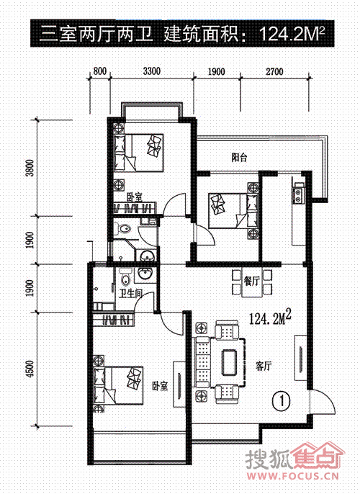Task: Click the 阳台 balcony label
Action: click(x=239, y=157)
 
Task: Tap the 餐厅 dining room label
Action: click(x=252, y=281)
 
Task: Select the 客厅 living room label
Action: click(x=264, y=366)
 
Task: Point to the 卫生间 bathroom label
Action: click(x=130, y=294)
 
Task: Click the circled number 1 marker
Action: click(x=282, y=400)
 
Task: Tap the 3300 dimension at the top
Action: click(x=152, y=71)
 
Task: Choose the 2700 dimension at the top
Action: click(x=274, y=71)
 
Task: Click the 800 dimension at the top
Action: click(x=100, y=71)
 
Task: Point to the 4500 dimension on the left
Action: click(x=30, y=369)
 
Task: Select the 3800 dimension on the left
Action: click(x=30, y=169)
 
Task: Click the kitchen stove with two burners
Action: click(x=297, y=195)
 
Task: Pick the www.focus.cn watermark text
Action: click(x=294, y=476)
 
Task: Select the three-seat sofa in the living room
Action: click(x=203, y=362)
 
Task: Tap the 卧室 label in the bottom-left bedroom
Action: click(x=160, y=386)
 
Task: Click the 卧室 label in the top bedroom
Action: click(x=134, y=197)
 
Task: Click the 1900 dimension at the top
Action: click(x=217, y=71)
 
